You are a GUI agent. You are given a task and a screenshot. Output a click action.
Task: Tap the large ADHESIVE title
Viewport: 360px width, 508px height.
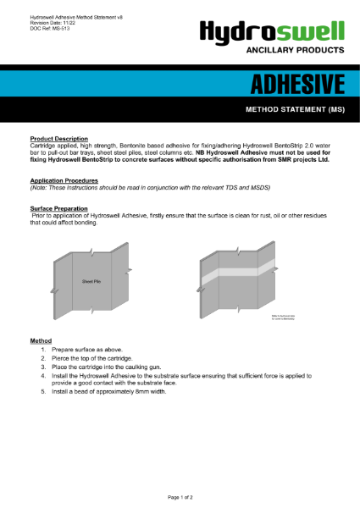tap(296, 85)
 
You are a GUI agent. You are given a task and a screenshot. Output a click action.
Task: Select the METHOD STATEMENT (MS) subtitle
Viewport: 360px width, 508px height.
tap(294, 110)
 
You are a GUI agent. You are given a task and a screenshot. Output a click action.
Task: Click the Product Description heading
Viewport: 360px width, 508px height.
tap(58, 139)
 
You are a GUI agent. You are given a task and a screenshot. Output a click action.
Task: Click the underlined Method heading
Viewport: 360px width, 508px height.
tap(41, 340)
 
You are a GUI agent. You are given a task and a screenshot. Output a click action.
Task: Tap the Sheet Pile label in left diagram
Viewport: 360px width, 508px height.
tap(91, 280)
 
